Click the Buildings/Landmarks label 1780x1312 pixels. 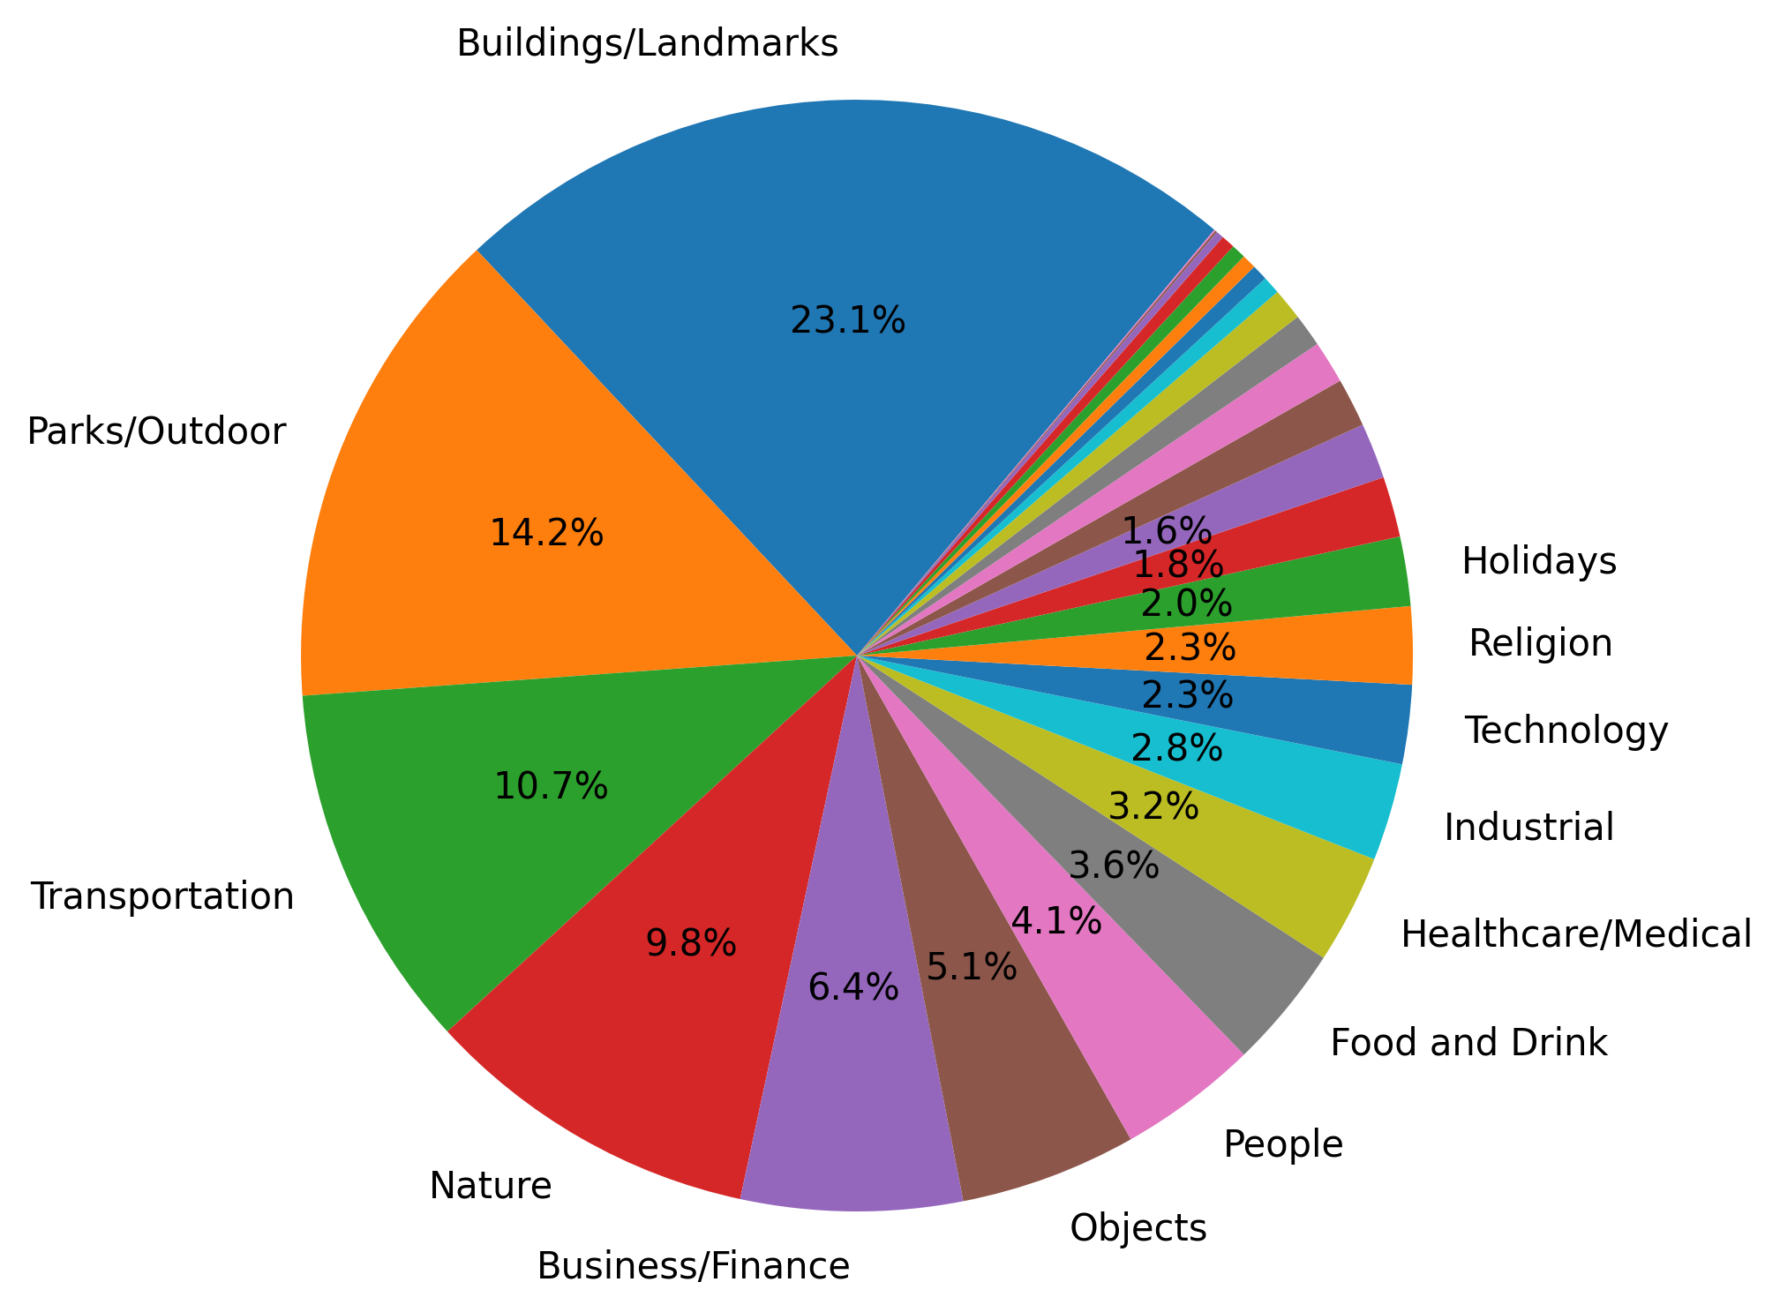point(647,43)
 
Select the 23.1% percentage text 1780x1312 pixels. point(847,320)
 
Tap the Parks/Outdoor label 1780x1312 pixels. point(156,432)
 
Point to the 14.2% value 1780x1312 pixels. point(546,533)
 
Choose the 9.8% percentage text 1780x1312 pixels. point(691,944)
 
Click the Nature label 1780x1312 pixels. point(491,1186)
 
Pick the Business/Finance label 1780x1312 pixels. point(693,1266)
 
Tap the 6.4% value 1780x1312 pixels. point(853,988)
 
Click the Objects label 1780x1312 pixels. point(1138,1227)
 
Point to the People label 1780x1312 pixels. point(1283,1144)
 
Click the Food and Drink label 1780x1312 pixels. point(1468,1043)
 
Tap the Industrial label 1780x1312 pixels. point(1528,828)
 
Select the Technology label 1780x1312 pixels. point(1566,731)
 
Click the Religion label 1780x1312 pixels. point(1540,644)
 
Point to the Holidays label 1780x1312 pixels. point(1539,561)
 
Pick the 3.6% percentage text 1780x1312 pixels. point(1113,866)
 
